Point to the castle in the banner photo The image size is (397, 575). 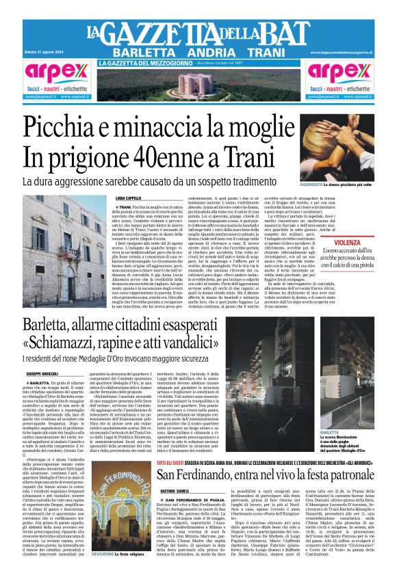click(x=198, y=87)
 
